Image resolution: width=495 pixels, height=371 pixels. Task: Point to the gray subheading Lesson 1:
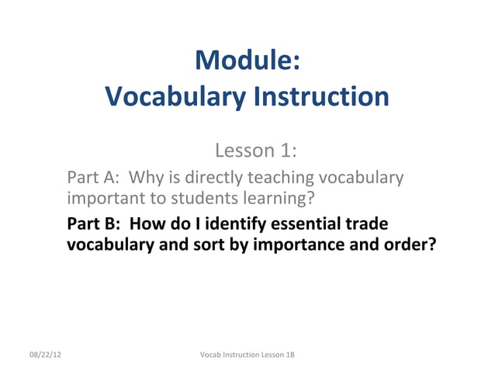257,149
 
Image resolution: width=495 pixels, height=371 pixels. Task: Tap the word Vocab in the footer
210,355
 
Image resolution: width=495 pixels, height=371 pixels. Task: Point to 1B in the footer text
289,355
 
